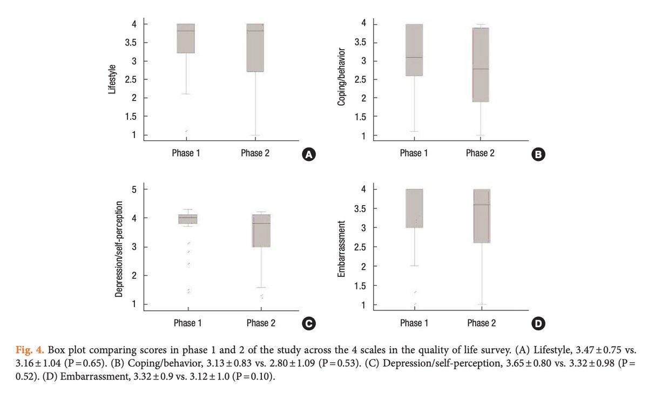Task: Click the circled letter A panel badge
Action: (309, 154)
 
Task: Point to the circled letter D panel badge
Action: (539, 324)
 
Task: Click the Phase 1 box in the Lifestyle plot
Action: (186, 38)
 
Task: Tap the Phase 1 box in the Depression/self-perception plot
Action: (188, 219)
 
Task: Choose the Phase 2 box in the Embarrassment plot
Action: (482, 216)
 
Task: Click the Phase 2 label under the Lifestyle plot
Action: (255, 153)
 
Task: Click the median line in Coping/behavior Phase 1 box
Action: (415, 57)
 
